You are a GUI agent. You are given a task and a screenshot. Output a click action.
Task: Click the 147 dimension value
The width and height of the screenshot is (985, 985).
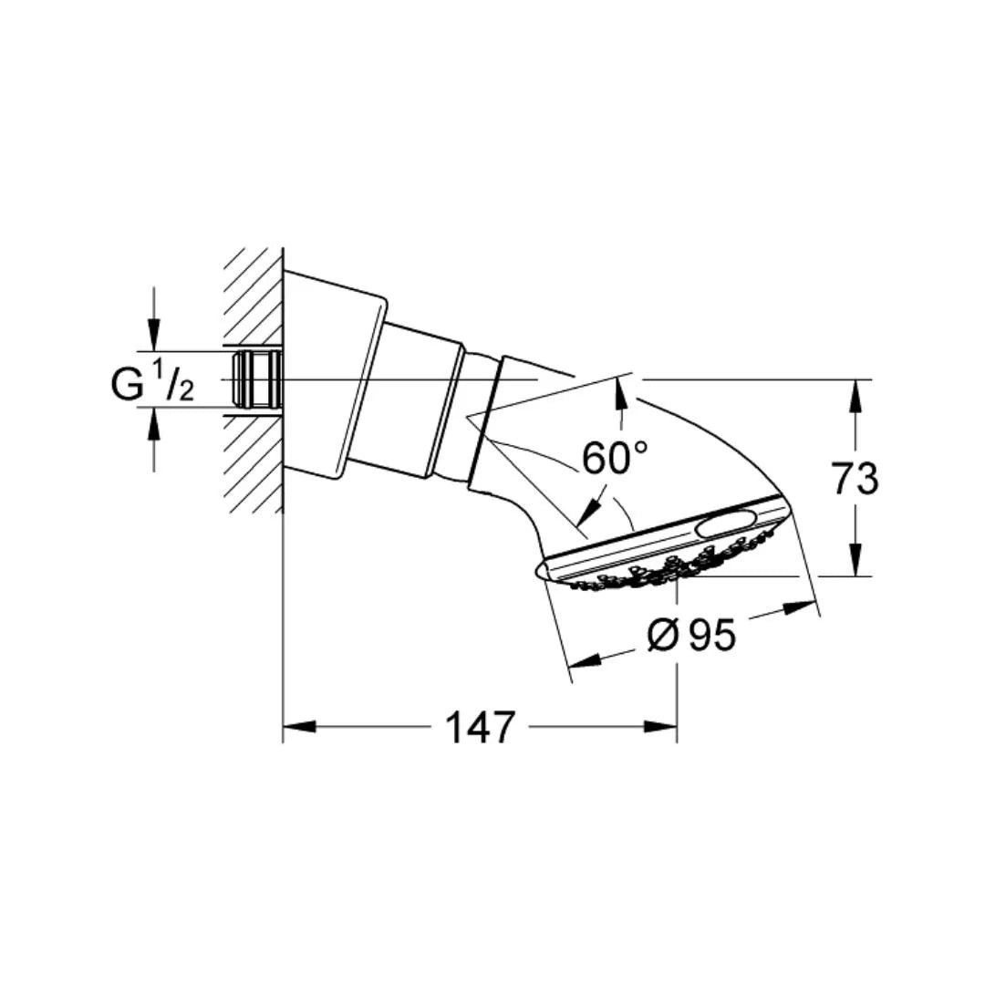tap(480, 728)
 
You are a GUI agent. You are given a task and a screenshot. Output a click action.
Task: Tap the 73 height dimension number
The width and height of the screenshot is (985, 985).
tap(855, 479)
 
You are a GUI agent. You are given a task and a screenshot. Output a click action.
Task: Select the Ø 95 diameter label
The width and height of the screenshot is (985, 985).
tap(691, 635)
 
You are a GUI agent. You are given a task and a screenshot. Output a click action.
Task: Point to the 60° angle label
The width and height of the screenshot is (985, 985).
tap(615, 458)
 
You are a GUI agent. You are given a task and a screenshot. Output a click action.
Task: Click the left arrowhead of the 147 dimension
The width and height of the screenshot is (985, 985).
tap(299, 727)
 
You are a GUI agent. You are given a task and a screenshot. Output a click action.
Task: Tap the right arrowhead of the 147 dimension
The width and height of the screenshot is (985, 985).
tap(661, 727)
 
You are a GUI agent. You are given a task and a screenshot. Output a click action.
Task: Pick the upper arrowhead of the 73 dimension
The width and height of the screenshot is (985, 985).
tap(855, 396)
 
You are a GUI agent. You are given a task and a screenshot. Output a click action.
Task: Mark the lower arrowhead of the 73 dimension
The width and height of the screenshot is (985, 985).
tap(855, 560)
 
